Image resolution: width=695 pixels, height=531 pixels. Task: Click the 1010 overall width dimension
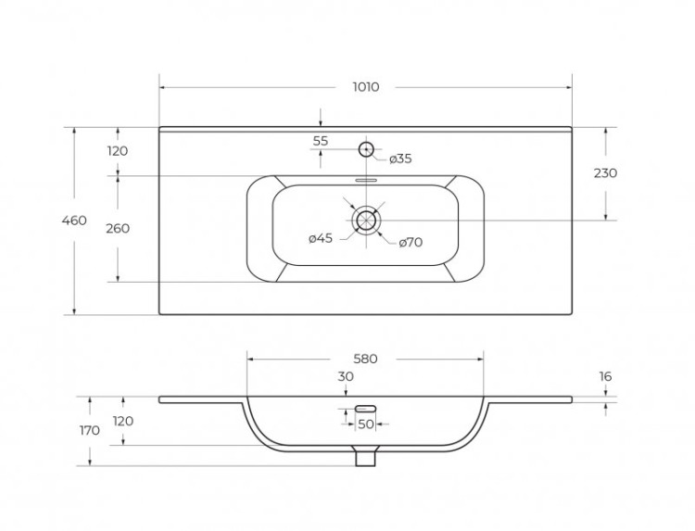pos(366,87)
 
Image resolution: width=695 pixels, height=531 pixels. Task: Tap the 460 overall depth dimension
pos(74,221)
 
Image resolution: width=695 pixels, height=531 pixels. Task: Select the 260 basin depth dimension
pos(118,229)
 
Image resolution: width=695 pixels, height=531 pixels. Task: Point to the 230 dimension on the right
pos(605,173)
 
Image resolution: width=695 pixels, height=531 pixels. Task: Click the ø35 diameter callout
pos(400,158)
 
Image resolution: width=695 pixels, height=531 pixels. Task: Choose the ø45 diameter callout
pos(321,238)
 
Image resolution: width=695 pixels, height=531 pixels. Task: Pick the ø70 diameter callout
pos(411,243)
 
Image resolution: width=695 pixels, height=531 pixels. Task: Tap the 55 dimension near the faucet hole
pos(321,141)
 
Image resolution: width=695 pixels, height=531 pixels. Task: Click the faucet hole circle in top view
pos(366,149)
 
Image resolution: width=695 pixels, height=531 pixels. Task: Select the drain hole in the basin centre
pos(366,220)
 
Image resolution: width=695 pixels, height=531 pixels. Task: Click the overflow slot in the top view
pos(366,181)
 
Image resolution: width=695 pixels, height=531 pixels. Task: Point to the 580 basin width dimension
pos(365,359)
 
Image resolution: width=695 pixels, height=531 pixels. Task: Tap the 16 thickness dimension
pos(605,376)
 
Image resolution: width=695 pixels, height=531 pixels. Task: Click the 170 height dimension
pos(90,430)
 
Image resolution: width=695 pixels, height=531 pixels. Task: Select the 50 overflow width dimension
pos(366,424)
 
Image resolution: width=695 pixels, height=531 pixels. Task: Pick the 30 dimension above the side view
pos(346,376)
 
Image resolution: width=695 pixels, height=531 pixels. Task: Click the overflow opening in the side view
pos(366,409)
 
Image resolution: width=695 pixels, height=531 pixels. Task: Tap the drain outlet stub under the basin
pos(366,456)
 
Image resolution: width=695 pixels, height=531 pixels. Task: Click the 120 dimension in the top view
pos(118,151)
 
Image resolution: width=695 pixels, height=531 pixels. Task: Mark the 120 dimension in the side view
pos(122,421)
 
